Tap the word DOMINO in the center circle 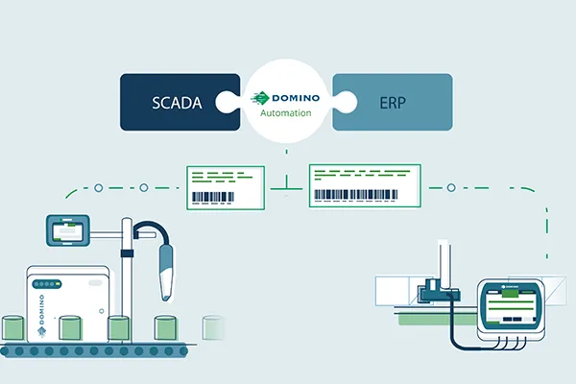pyautogui.click(x=296, y=98)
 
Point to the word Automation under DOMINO pyautogui.click(x=287, y=113)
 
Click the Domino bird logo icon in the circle pyautogui.click(x=258, y=97)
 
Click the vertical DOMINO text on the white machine pyautogui.click(x=40, y=313)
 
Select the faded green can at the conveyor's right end pyautogui.click(x=213, y=327)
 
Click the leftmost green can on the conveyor pyautogui.click(x=15, y=326)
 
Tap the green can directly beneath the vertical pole pyautogui.click(x=120, y=327)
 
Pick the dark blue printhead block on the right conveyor pyautogui.click(x=436, y=289)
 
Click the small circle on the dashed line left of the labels pyautogui.click(x=142, y=187)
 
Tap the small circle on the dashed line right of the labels pyautogui.click(x=450, y=187)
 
